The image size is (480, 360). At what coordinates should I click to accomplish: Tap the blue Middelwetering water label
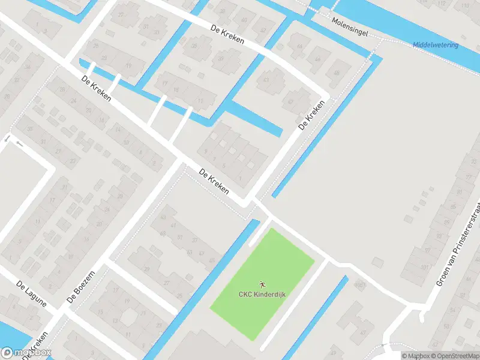pos(436,45)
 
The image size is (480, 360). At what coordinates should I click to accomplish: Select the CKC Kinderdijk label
pos(262,294)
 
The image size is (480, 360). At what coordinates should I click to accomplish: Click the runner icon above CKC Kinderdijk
pos(262,284)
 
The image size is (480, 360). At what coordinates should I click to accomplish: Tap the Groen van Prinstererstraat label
pos(459,245)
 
